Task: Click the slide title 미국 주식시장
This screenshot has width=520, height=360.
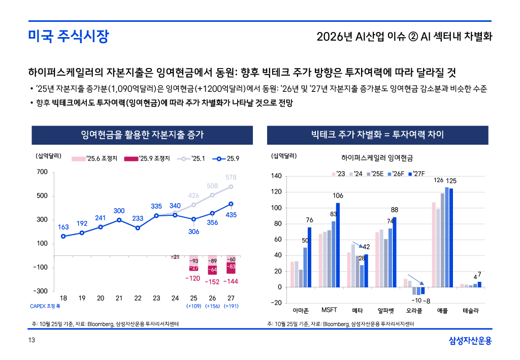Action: pyautogui.click(x=68, y=37)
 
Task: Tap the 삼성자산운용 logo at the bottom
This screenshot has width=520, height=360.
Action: pyautogui.click(x=470, y=341)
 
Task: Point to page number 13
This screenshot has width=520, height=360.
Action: pyautogui.click(x=31, y=341)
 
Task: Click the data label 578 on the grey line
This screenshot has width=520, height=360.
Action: pyautogui.click(x=231, y=177)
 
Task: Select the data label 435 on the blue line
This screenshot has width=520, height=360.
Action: pyautogui.click(x=231, y=215)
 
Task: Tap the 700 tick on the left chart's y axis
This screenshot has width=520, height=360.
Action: pyautogui.click(x=42, y=172)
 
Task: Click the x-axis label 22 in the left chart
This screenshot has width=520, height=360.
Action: pyautogui.click(x=138, y=298)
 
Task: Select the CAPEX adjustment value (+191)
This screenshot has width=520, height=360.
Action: pyautogui.click(x=231, y=306)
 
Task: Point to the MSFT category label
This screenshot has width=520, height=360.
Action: pyautogui.click(x=329, y=310)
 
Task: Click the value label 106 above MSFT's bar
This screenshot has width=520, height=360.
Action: pyautogui.click(x=338, y=196)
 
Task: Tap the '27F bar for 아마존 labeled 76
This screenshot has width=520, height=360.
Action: pyautogui.click(x=309, y=257)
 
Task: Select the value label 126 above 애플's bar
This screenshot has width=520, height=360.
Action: pyautogui.click(x=439, y=180)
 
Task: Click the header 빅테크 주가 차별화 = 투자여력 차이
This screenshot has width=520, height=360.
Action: pyautogui.click(x=377, y=135)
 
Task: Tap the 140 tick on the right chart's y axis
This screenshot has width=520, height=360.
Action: pyautogui.click(x=276, y=176)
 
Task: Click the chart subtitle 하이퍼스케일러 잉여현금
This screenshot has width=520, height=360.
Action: pyautogui.click(x=377, y=158)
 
